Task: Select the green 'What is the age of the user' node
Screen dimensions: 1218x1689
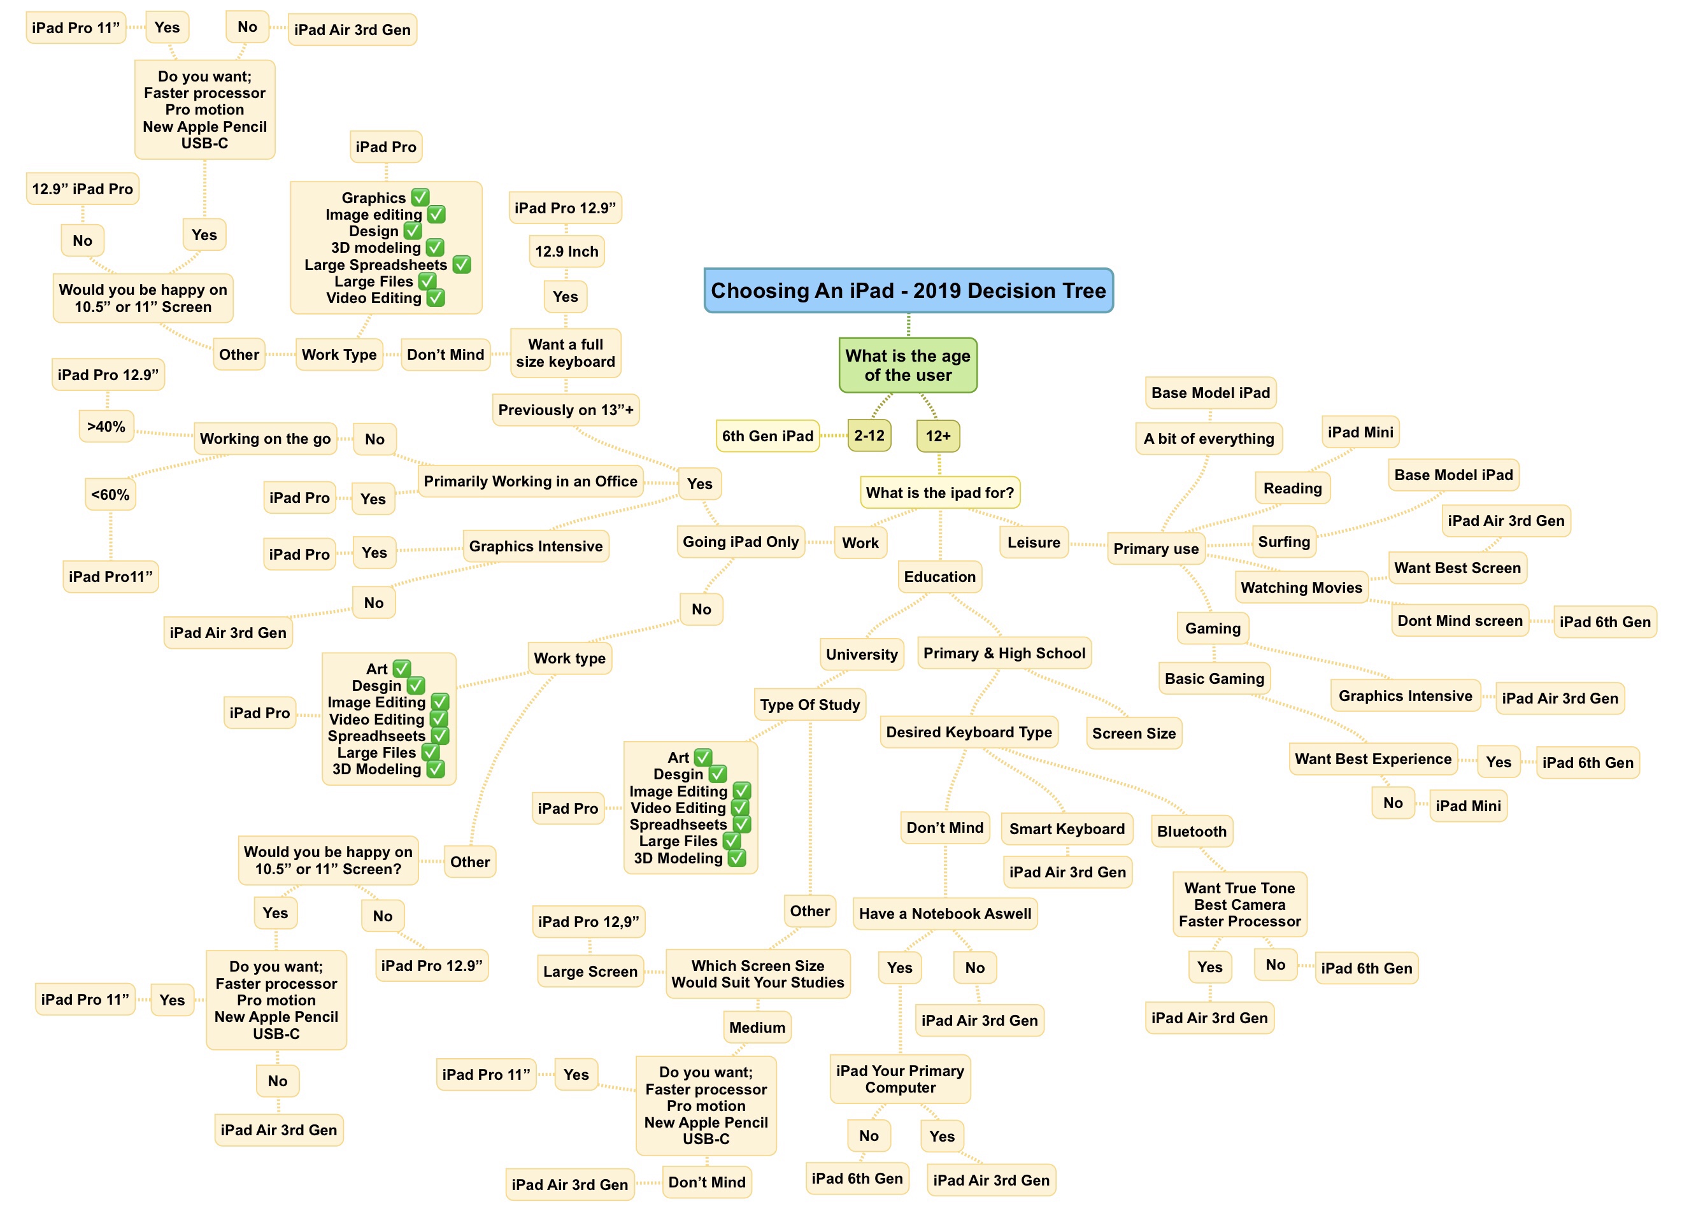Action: click(x=908, y=365)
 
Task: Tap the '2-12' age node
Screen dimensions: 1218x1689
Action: click(x=869, y=436)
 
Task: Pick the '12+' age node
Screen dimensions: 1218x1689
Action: click(x=937, y=436)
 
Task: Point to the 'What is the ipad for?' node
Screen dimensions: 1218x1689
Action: click(x=940, y=493)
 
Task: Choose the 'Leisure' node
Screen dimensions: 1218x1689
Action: click(x=1034, y=542)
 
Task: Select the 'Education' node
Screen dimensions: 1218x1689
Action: click(x=939, y=577)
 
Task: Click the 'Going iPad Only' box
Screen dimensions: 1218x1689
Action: click(x=740, y=542)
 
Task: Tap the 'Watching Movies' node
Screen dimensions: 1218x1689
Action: click(x=1301, y=588)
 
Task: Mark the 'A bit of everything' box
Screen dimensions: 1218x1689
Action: click(x=1209, y=439)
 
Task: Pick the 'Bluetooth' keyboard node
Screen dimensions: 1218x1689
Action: click(x=1191, y=832)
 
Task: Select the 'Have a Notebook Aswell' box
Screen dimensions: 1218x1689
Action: click(x=945, y=914)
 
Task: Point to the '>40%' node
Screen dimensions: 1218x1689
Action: click(x=106, y=427)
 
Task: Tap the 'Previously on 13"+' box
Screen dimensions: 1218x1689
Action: click(x=566, y=410)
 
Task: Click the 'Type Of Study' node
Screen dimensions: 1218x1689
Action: click(x=809, y=705)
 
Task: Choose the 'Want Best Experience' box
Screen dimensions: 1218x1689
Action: click(x=1372, y=760)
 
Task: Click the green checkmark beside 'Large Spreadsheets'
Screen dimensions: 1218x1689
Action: click(x=462, y=264)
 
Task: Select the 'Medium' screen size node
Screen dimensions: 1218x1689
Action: click(x=757, y=1028)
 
